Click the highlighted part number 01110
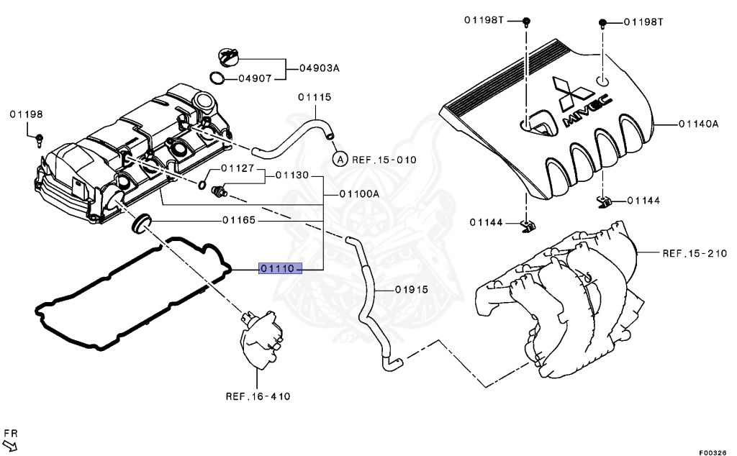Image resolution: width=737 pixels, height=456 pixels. click(x=278, y=269)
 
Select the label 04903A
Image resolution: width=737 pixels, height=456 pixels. click(x=320, y=68)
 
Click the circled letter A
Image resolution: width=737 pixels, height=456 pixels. click(x=340, y=159)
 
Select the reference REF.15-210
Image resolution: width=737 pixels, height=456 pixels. click(x=695, y=253)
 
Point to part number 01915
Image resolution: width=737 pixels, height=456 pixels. click(x=411, y=290)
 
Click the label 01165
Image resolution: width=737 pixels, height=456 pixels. click(x=239, y=220)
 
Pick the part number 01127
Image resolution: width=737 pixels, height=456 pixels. click(x=238, y=169)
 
